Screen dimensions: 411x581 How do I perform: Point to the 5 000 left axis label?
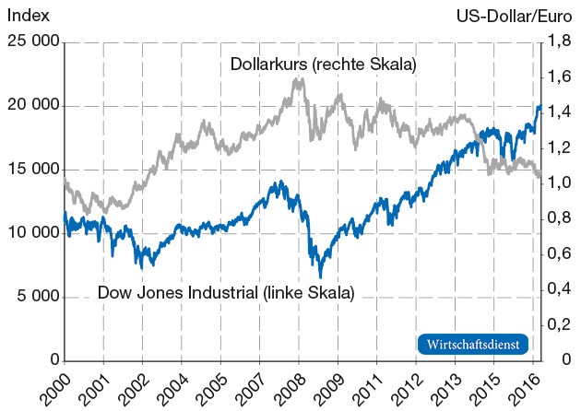point(34,297)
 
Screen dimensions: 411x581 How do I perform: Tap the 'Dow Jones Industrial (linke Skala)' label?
point(226,294)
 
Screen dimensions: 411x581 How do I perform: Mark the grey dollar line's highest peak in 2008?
point(298,78)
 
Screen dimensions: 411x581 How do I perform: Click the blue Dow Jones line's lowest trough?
point(320,276)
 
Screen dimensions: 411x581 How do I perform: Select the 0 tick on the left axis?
point(54,360)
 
